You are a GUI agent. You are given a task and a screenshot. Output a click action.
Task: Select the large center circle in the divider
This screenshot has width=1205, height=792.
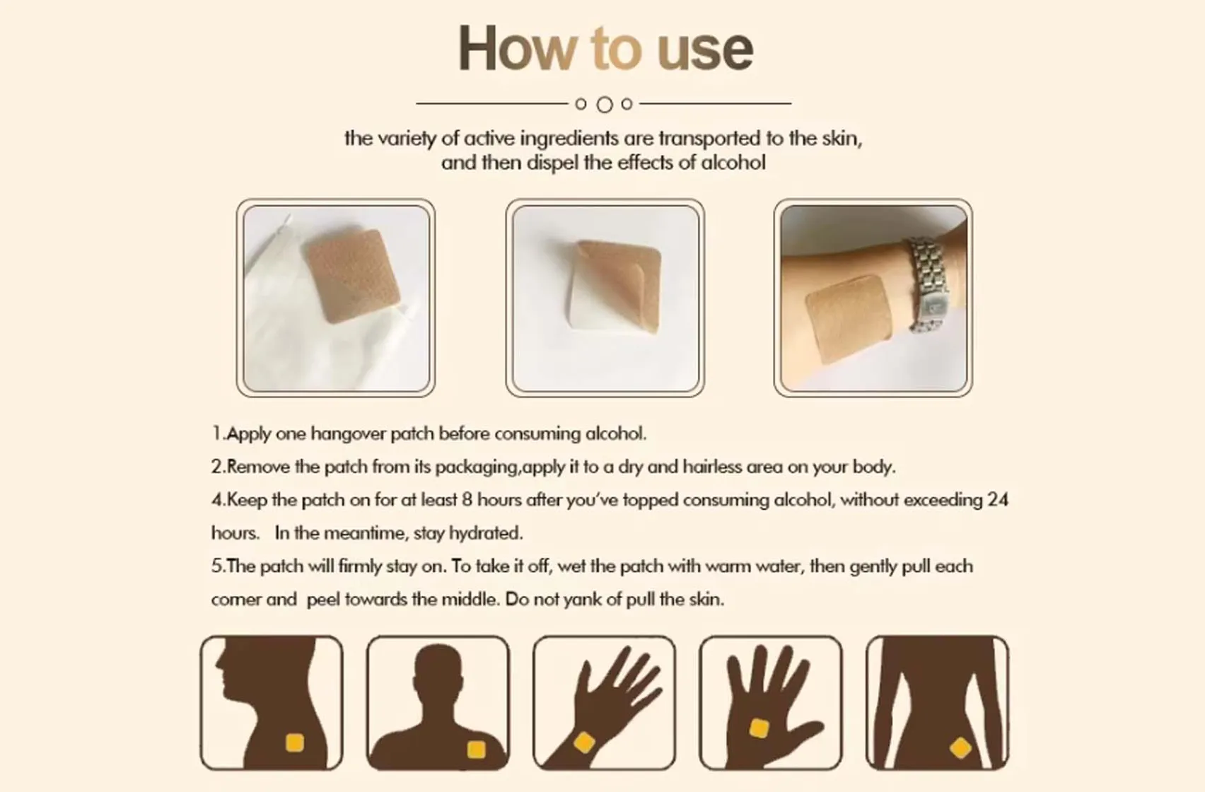(x=604, y=105)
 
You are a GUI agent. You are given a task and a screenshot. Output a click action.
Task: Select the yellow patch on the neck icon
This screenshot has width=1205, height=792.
(x=294, y=742)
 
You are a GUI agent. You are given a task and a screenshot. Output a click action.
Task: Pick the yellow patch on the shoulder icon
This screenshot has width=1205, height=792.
(x=476, y=749)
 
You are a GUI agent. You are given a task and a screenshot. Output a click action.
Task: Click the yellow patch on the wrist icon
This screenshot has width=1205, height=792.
(x=584, y=742)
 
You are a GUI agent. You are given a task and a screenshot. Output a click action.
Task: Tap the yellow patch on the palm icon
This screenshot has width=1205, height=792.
(x=759, y=728)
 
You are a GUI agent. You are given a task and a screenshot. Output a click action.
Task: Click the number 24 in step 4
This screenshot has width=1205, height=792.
(x=997, y=500)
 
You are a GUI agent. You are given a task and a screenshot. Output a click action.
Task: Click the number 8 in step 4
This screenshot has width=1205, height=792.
(x=467, y=500)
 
